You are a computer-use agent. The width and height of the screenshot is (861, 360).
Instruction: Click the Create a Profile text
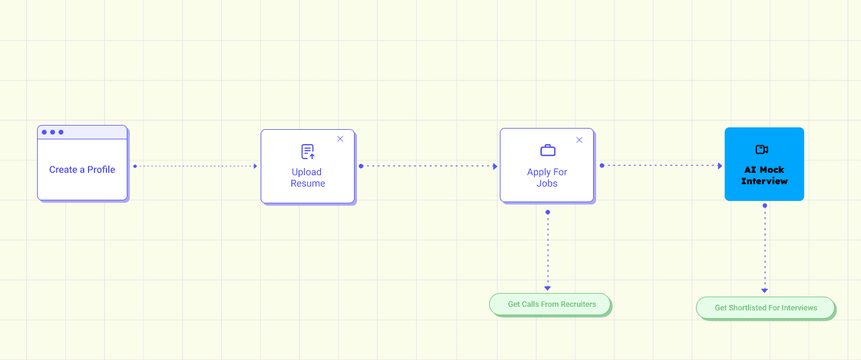tap(82, 170)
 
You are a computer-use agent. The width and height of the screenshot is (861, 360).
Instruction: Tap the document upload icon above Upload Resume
tap(308, 151)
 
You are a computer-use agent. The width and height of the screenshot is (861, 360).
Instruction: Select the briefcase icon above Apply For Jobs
tap(548, 150)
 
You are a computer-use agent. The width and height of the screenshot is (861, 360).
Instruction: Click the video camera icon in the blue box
tap(762, 150)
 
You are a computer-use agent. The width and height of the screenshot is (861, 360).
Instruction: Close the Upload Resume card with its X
tap(340, 139)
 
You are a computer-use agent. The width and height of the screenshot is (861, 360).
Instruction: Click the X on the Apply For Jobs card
tap(579, 140)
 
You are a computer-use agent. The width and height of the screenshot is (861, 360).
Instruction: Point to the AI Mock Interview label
tap(764, 175)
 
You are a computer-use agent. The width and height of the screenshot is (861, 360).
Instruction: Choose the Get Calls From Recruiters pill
tap(550, 304)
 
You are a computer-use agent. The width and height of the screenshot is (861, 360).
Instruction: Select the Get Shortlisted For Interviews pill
tap(765, 308)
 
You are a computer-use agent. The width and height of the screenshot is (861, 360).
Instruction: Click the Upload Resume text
tap(307, 178)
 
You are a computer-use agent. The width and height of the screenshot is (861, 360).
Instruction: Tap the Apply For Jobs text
tap(546, 178)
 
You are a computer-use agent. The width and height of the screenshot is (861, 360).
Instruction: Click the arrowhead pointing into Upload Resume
tap(255, 166)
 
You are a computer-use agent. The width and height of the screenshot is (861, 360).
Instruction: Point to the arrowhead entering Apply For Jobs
tap(495, 166)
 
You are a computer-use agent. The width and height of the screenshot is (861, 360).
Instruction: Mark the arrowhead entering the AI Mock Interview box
tap(720, 166)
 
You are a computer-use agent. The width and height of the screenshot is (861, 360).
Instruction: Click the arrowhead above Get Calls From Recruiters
tap(548, 288)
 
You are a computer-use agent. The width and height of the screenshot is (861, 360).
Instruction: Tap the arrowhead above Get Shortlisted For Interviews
tap(765, 290)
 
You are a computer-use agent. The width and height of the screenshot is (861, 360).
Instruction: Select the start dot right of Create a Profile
tap(135, 166)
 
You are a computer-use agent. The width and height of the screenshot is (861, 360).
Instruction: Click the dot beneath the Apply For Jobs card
tap(548, 212)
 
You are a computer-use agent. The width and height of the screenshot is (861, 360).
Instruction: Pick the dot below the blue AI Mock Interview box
tap(765, 206)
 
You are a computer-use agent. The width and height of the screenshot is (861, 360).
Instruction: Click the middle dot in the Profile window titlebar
tap(53, 132)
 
